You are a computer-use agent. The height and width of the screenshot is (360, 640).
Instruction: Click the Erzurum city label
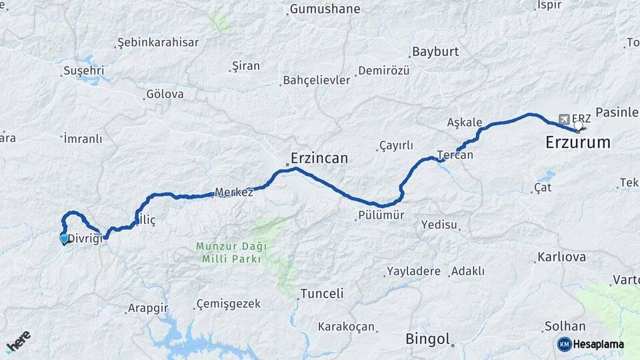[x=578, y=142]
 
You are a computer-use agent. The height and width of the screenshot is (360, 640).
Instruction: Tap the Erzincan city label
[x=319, y=159]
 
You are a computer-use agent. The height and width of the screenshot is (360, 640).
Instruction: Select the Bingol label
[x=427, y=339]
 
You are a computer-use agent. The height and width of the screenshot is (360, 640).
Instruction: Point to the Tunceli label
[x=322, y=293]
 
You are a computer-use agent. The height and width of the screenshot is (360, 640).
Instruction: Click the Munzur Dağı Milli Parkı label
[x=231, y=252]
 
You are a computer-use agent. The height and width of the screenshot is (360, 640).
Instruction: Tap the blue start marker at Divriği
[x=64, y=239]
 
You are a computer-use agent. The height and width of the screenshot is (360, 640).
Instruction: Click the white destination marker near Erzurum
[x=578, y=125]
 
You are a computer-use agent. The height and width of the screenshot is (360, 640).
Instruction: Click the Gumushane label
[x=325, y=9]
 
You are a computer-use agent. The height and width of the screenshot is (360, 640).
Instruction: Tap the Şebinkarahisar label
[x=158, y=42]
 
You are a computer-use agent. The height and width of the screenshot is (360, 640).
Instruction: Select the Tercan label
[x=455, y=155]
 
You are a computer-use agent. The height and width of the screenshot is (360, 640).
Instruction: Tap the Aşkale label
[x=465, y=122]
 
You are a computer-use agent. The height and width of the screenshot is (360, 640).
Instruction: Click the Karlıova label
[x=561, y=257]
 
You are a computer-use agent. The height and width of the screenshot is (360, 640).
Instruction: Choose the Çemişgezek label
[x=228, y=304]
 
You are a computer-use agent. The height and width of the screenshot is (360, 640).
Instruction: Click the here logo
[x=18, y=341]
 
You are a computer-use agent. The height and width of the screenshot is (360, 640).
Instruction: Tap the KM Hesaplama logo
[x=591, y=344]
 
